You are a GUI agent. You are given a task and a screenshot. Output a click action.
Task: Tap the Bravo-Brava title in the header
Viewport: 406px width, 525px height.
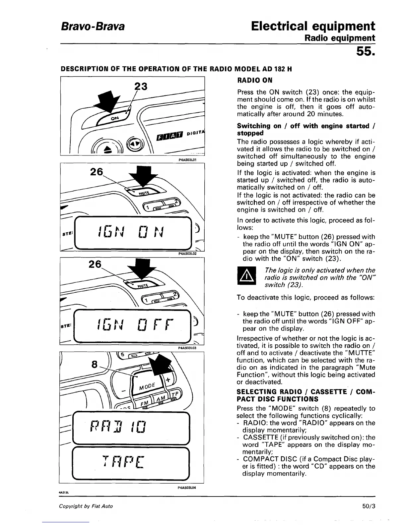click(x=93, y=26)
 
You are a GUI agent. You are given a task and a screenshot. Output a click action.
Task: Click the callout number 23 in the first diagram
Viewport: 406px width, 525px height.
click(x=141, y=86)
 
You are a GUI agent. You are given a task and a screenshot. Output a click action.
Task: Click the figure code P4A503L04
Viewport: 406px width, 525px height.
click(x=188, y=488)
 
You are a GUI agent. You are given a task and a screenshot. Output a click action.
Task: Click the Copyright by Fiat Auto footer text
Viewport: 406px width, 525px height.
click(x=86, y=506)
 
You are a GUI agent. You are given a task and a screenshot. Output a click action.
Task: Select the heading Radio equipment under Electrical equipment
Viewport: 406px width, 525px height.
click(x=340, y=38)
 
